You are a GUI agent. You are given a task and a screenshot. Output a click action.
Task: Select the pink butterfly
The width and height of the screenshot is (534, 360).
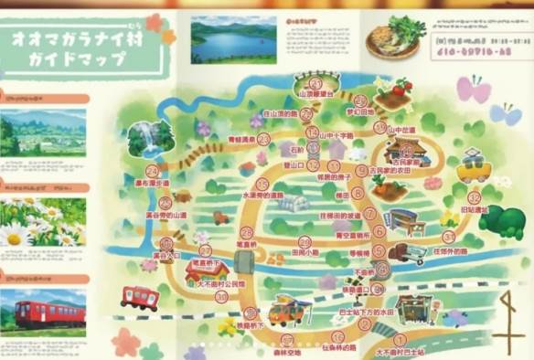pyautogui.click(x=475, y=90)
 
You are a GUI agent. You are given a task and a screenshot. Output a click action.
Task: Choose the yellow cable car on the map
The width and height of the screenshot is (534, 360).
pyautogui.click(x=473, y=168)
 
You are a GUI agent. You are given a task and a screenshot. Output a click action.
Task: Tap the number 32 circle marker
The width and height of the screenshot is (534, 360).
pyautogui.click(x=474, y=197)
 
